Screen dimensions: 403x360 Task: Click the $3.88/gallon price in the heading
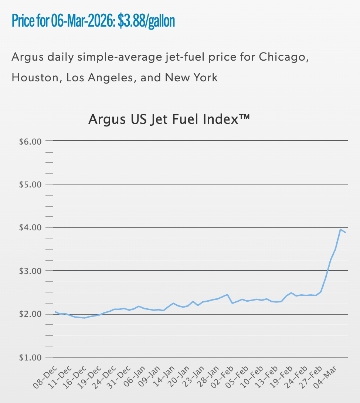tap(146, 21)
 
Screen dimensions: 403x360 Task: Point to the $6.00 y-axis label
tap(30, 141)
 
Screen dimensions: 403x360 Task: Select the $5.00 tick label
tap(30, 184)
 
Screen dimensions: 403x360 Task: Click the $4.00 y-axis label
tap(30, 228)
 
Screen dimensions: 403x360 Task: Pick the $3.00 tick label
tap(30, 271)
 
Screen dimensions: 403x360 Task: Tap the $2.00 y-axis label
tap(30, 314)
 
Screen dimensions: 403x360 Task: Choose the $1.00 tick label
tap(30, 358)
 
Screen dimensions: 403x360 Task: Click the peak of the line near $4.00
tap(340, 229)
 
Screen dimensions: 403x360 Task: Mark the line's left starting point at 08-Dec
tap(55, 312)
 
